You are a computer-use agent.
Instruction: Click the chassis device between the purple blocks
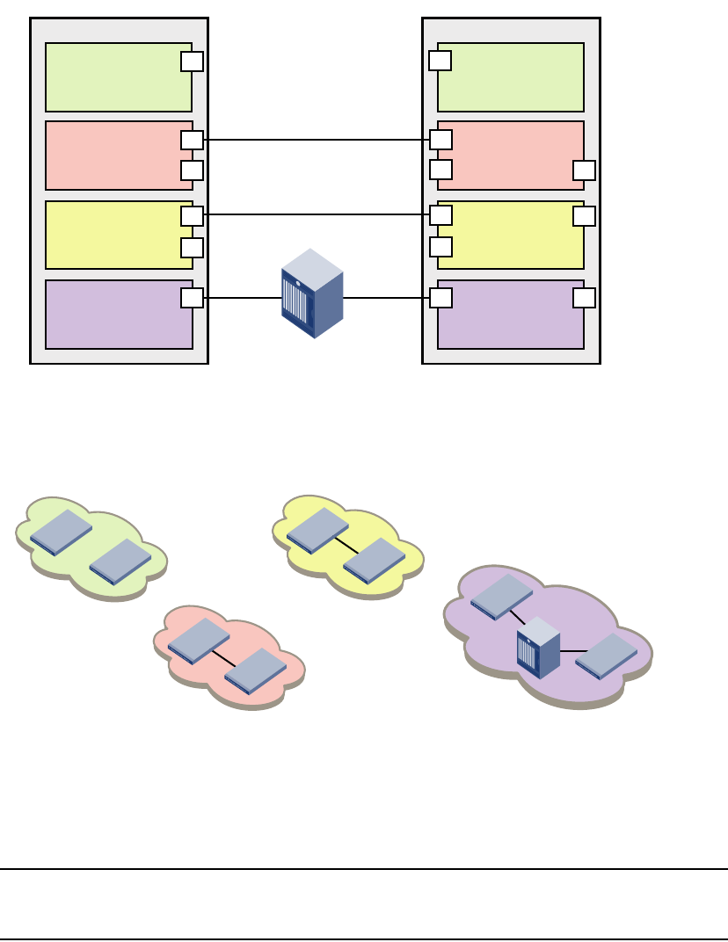click(x=311, y=293)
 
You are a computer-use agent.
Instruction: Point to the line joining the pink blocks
click(x=317, y=140)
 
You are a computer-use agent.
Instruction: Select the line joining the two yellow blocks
click(x=317, y=214)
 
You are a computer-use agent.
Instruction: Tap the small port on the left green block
click(x=192, y=62)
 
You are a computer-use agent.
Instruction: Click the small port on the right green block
click(x=440, y=61)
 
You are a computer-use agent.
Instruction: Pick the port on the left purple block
click(x=192, y=298)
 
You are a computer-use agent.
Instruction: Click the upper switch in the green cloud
click(x=61, y=532)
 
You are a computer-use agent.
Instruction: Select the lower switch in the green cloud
click(x=120, y=561)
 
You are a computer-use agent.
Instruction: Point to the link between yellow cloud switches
click(x=346, y=545)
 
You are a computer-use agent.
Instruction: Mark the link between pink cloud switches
click(x=223, y=658)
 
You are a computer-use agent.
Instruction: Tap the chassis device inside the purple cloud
click(x=538, y=647)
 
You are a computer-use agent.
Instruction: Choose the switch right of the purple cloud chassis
click(x=606, y=656)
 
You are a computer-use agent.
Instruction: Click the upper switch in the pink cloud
click(x=199, y=641)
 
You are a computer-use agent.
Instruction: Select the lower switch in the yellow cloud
click(x=374, y=561)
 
